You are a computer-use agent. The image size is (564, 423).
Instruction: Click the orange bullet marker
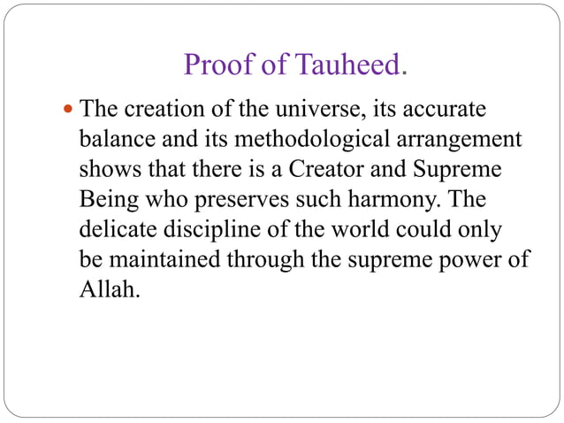[70, 111]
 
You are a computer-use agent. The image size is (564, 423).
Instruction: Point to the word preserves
[230, 197]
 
